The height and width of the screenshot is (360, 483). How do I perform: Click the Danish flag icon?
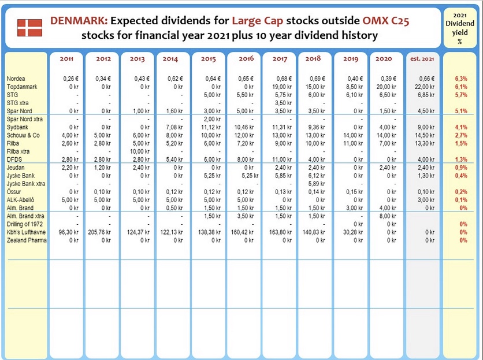(x=29, y=28)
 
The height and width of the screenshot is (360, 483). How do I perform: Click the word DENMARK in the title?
(x=79, y=21)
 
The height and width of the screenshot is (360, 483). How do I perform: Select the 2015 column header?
(x=209, y=58)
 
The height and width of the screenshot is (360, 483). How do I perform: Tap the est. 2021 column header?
(x=422, y=58)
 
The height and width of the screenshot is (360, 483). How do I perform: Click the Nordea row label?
(x=16, y=79)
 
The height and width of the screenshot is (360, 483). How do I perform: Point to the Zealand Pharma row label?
(x=27, y=240)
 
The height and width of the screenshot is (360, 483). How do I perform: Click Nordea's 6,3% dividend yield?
(x=461, y=79)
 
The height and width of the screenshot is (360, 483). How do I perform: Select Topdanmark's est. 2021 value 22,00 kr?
(x=425, y=87)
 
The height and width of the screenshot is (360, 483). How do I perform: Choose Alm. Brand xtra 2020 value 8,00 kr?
(x=388, y=216)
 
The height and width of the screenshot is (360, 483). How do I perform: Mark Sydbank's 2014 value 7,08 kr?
(x=174, y=127)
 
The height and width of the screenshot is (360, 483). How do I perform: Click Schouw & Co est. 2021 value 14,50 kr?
(x=425, y=135)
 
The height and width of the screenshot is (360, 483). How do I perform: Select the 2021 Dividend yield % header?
(x=460, y=28)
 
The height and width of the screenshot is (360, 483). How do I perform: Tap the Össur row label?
(x=14, y=192)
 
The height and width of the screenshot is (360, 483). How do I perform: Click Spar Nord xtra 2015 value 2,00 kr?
(x=212, y=119)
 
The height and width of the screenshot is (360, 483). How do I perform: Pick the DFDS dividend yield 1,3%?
(x=461, y=159)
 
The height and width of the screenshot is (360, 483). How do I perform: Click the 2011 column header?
(x=66, y=58)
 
